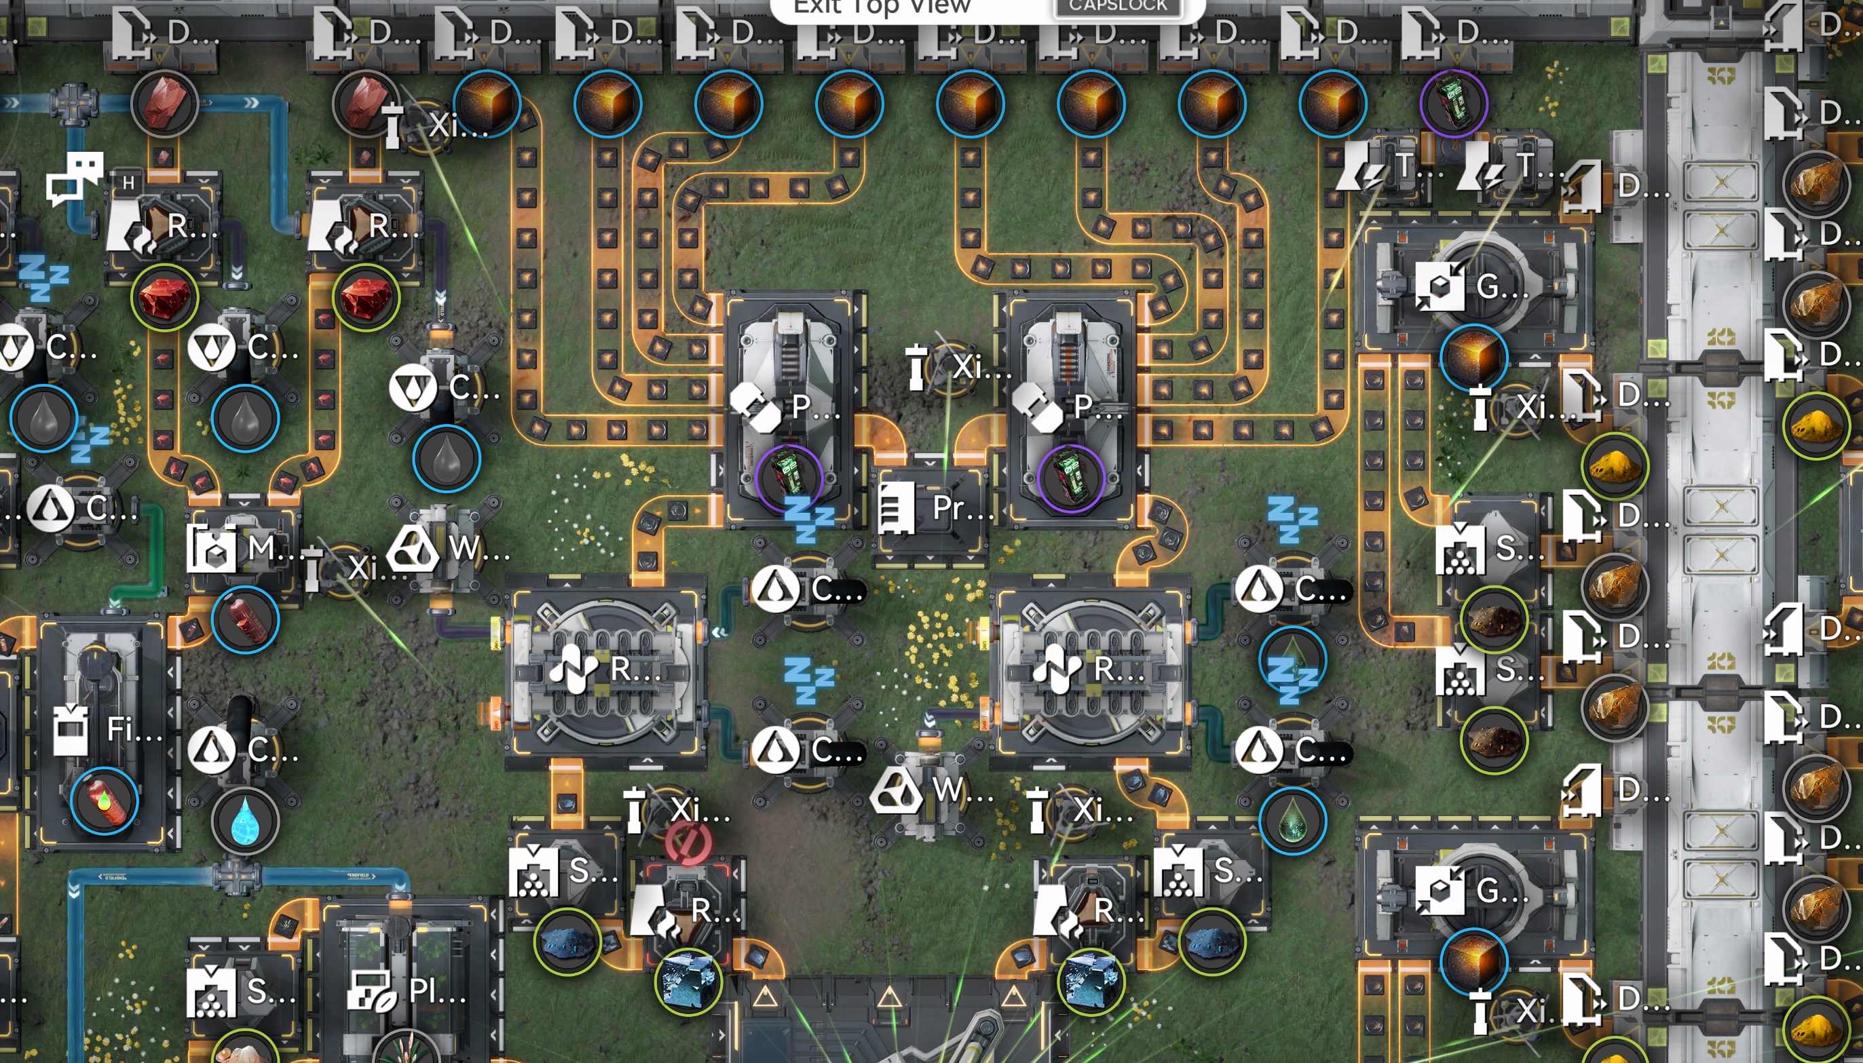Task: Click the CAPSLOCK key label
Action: (1117, 6)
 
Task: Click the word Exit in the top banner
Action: (817, 7)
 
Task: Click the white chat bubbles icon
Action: (75, 178)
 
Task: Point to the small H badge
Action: (128, 182)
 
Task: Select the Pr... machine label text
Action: (962, 507)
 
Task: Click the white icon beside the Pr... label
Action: (897, 507)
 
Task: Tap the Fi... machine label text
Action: (134, 729)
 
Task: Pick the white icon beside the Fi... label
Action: (71, 729)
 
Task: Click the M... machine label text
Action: (270, 547)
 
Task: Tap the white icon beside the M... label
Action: (211, 548)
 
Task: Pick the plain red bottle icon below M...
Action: (246, 619)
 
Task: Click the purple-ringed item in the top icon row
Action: (1453, 103)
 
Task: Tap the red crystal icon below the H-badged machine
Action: (164, 298)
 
